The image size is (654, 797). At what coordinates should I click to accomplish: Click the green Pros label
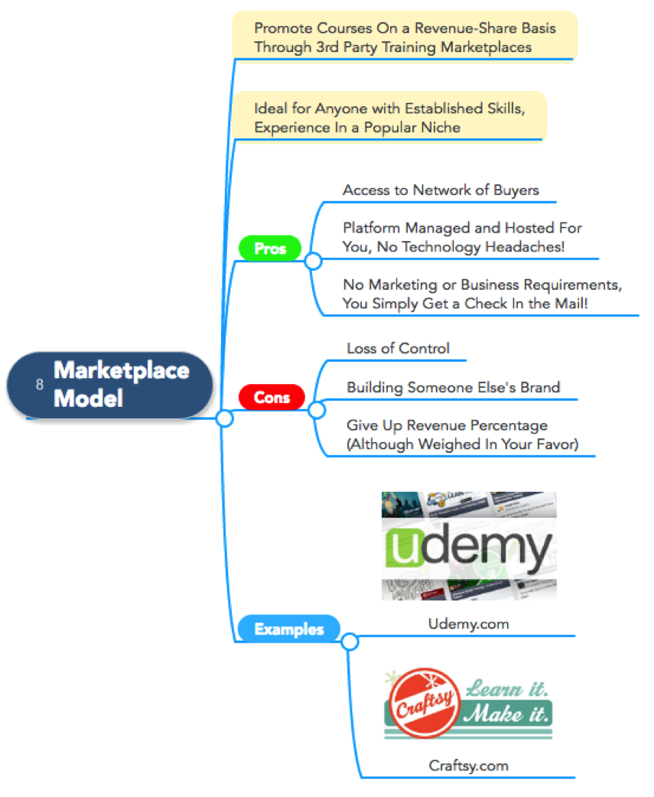[269, 249]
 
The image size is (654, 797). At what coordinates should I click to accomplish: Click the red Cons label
[272, 397]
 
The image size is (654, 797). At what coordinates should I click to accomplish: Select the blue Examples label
[288, 629]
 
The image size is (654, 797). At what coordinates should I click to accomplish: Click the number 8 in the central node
[39, 385]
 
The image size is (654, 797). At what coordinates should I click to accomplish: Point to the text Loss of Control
[398, 348]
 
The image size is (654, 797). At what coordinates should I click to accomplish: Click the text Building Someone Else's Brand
[453, 387]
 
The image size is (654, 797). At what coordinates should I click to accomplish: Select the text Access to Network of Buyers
[441, 190]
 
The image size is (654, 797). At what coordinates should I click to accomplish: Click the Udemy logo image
[469, 546]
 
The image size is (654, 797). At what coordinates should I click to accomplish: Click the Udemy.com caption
[468, 624]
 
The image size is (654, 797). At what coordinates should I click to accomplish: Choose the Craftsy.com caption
[468, 765]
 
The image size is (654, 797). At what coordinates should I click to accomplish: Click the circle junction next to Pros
[313, 261]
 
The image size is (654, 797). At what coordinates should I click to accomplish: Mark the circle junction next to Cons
[317, 410]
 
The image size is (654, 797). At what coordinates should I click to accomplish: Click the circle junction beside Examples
[350, 642]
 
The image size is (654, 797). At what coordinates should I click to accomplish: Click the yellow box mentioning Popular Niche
[389, 117]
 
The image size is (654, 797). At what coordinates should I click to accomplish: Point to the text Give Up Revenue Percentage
[447, 425]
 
